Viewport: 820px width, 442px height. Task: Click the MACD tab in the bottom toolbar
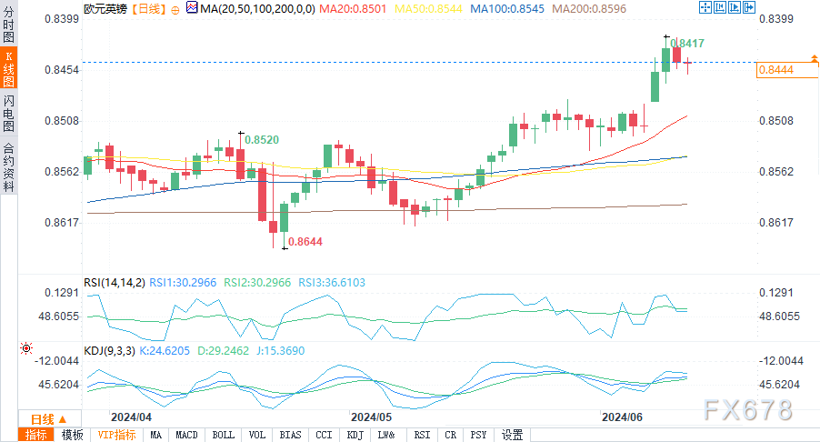click(x=186, y=435)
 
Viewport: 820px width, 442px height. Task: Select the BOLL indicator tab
click(x=223, y=435)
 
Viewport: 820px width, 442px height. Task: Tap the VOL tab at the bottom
click(x=257, y=435)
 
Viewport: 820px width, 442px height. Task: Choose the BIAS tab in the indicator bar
click(x=291, y=435)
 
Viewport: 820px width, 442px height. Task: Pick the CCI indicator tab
click(x=324, y=435)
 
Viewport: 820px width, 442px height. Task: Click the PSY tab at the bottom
click(x=479, y=435)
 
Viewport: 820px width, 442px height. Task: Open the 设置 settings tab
click(x=512, y=435)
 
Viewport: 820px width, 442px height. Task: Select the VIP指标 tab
click(x=116, y=435)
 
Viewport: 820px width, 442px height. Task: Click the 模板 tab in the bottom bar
click(x=72, y=435)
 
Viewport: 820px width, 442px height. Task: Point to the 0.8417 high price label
click(x=687, y=43)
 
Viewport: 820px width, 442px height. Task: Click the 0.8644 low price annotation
click(x=305, y=242)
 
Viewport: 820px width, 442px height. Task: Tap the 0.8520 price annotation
click(x=261, y=139)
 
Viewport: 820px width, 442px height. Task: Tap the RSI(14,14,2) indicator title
click(x=114, y=283)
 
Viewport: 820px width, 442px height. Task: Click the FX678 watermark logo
click(x=747, y=410)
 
